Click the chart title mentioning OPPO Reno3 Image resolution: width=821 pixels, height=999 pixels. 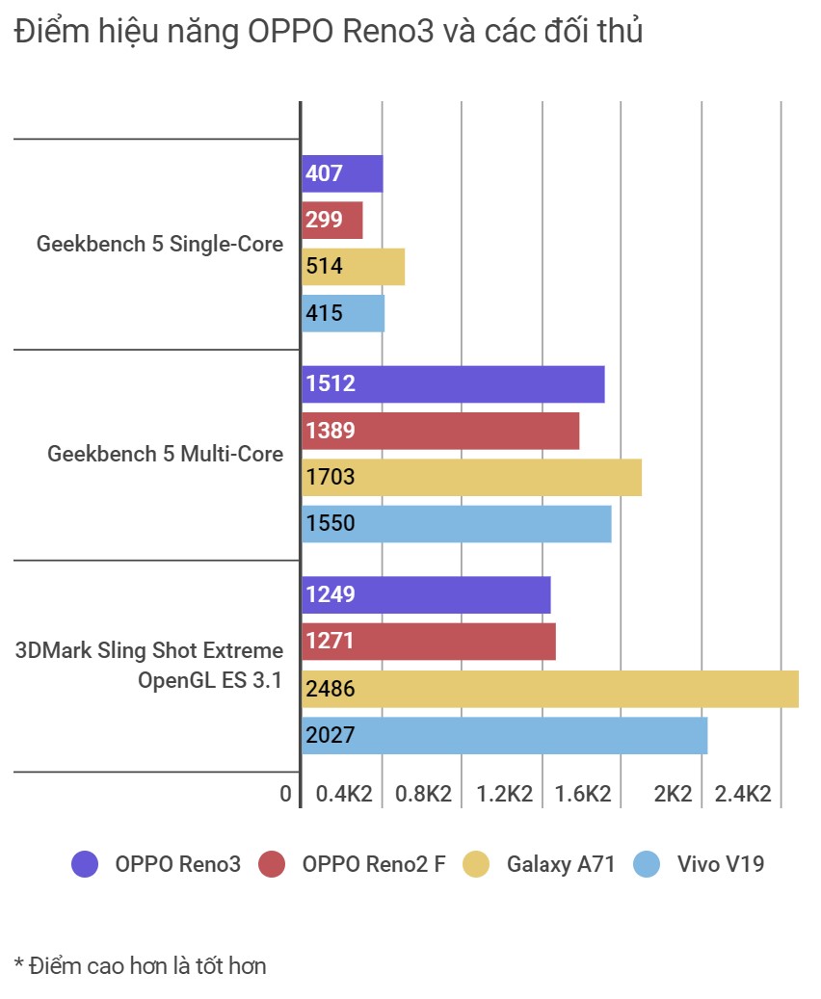point(329,33)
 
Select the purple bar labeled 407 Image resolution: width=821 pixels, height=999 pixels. point(342,174)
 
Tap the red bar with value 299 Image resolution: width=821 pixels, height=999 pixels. point(331,220)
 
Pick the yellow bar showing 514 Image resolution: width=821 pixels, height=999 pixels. point(353,266)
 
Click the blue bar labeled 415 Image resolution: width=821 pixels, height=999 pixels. point(343,313)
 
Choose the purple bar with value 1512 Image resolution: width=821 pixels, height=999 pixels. point(453,384)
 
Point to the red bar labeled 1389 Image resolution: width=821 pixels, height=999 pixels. point(440,431)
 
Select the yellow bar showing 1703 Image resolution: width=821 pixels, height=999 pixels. point(471,477)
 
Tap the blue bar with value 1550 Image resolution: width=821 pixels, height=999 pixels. point(457,523)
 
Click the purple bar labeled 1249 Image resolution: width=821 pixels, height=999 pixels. point(426,594)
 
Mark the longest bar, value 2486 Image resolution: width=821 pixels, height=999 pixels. point(550,689)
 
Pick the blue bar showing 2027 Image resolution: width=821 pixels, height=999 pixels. point(504,735)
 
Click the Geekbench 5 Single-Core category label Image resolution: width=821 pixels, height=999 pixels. point(160,244)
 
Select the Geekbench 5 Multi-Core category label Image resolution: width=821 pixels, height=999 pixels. point(166,454)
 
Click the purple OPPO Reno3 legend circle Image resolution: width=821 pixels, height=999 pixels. point(85,864)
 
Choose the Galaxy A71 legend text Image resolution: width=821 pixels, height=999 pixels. point(561,864)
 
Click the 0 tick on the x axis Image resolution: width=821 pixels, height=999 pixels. point(285,794)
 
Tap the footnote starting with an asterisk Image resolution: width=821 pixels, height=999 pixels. point(140,965)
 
